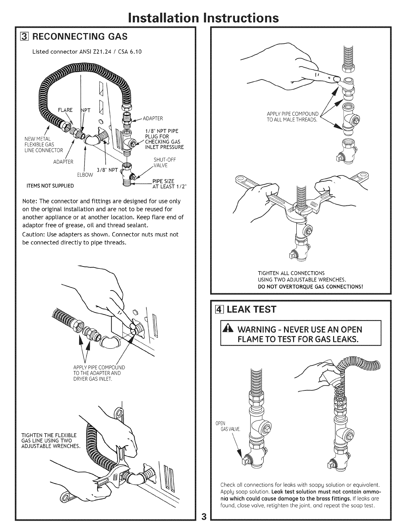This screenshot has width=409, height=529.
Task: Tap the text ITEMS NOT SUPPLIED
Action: (x=48, y=186)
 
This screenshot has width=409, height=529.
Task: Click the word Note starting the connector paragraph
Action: (x=29, y=201)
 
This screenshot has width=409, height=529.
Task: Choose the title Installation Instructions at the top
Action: (x=204, y=17)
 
